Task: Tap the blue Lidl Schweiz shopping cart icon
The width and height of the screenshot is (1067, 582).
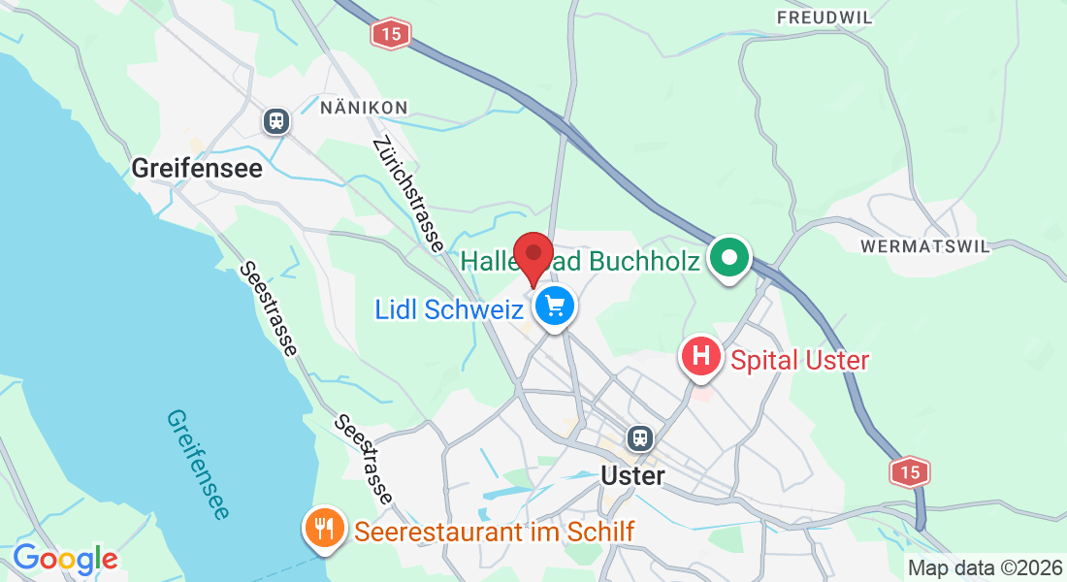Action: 555,307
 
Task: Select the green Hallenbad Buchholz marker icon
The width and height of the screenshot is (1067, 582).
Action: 730,259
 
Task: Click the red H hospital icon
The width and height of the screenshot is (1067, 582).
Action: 702,357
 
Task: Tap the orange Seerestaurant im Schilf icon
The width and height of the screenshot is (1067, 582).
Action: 322,529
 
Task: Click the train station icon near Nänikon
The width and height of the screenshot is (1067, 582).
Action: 276,120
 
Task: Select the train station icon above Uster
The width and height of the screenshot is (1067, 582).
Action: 639,437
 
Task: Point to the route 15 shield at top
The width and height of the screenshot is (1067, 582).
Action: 390,34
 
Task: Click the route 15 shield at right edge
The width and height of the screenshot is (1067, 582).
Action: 909,471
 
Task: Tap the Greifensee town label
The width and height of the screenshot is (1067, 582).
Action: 197,168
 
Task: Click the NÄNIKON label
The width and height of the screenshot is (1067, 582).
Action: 364,107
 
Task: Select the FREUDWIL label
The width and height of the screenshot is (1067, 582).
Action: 824,17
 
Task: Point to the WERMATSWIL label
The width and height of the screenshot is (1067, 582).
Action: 925,246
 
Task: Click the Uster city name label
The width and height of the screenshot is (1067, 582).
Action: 633,476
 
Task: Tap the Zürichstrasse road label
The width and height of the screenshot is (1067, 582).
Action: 408,195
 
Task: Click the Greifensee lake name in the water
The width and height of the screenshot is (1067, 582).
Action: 199,463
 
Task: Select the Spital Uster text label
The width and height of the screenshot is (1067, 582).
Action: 800,361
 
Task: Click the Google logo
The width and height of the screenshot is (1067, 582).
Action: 65,559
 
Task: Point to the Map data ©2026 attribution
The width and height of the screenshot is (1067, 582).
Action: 984,567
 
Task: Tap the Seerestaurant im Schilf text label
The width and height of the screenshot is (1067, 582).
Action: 495,532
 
